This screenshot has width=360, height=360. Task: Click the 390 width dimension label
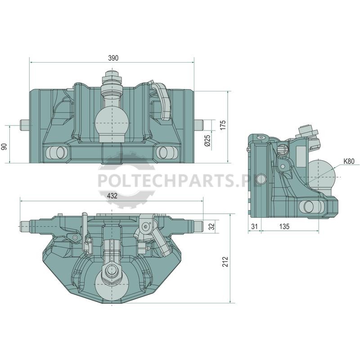[x=113, y=58]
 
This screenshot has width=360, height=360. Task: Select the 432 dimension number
[x=112, y=196]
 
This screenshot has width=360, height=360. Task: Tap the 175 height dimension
[x=223, y=125]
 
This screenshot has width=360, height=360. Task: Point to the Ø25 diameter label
[x=207, y=140]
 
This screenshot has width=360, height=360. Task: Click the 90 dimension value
[x=4, y=146]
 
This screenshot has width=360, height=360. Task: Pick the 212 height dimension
[x=225, y=262]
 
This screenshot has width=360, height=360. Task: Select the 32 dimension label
[x=212, y=226]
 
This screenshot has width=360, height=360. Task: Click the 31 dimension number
[x=254, y=227]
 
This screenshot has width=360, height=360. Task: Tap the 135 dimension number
[x=284, y=227]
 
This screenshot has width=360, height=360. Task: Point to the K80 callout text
[x=349, y=162]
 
